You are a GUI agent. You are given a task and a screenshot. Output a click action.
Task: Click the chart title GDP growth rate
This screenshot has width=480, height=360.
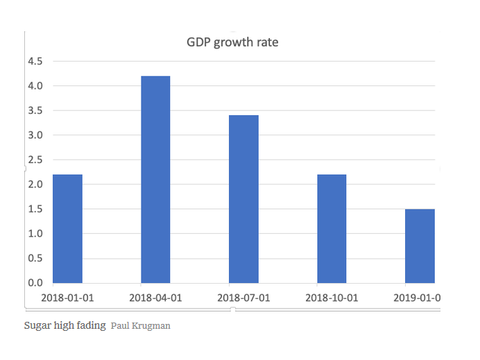pyautogui.click(x=232, y=42)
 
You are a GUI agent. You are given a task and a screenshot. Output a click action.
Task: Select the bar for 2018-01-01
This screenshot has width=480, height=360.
pyautogui.click(x=68, y=229)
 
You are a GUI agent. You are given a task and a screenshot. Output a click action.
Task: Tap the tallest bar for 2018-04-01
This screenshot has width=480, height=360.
pyautogui.click(x=155, y=180)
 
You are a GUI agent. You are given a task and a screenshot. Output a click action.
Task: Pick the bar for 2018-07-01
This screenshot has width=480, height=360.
pyautogui.click(x=243, y=199)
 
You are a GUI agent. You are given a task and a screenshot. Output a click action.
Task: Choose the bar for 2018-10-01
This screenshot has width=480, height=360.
pyautogui.click(x=332, y=229)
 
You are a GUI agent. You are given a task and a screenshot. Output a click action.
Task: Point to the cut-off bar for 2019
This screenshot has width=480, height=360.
pyautogui.click(x=420, y=246)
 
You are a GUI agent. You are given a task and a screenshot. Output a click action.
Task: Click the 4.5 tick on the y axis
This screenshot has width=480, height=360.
pyautogui.click(x=35, y=61)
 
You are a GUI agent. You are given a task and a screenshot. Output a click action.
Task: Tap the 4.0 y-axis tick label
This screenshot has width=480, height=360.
pyautogui.click(x=35, y=86)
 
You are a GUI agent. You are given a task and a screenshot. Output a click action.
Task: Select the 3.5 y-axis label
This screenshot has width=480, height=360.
pyautogui.click(x=35, y=110)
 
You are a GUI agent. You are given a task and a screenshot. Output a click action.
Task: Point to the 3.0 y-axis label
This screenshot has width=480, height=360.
pyautogui.click(x=35, y=135)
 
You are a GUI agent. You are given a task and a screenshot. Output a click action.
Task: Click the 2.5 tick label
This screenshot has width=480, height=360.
pyautogui.click(x=35, y=160)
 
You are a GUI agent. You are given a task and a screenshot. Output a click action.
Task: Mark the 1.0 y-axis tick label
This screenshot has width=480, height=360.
pyautogui.click(x=35, y=234)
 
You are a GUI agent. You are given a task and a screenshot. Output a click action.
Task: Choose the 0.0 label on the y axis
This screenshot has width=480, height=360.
pyautogui.click(x=35, y=283)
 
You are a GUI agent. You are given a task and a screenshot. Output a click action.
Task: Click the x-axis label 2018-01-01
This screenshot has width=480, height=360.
pyautogui.click(x=67, y=298)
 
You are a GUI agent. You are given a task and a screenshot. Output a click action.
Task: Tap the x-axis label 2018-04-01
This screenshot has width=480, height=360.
pyautogui.click(x=155, y=298)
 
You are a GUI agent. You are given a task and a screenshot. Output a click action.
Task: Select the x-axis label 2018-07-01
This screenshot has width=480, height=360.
pyautogui.click(x=243, y=298)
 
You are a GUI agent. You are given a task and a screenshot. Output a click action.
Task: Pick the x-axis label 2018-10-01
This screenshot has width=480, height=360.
pyautogui.click(x=332, y=298)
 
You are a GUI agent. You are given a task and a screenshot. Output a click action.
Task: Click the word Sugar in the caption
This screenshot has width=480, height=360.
pyautogui.click(x=36, y=325)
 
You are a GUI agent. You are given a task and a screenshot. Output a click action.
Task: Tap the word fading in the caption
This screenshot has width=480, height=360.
pyautogui.click(x=92, y=325)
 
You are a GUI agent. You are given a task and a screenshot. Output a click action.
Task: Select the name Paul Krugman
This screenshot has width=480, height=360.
pyautogui.click(x=140, y=325)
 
